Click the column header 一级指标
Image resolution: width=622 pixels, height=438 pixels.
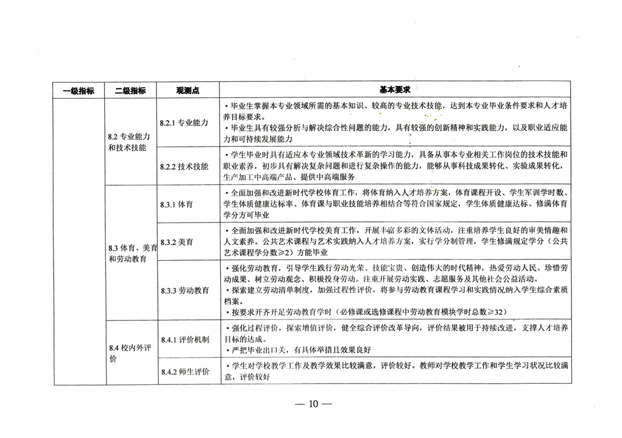click(x=79, y=91)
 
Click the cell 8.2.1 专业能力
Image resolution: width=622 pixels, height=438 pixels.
click(x=184, y=123)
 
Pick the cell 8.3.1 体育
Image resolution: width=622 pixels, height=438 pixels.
click(x=177, y=204)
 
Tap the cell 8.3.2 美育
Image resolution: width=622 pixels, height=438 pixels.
click(x=177, y=242)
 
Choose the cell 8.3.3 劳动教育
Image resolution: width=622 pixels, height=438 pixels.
click(x=184, y=290)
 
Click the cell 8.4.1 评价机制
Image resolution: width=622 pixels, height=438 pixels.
click(x=184, y=339)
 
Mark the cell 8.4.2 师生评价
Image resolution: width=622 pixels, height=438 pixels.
click(x=184, y=372)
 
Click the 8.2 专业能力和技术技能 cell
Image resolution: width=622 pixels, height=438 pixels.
click(x=130, y=141)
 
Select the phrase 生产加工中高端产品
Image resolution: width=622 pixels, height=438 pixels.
click(x=254, y=177)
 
